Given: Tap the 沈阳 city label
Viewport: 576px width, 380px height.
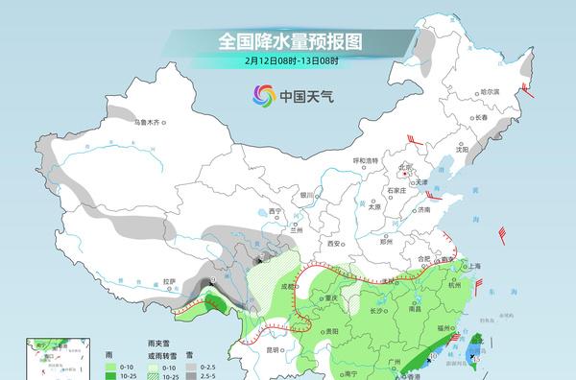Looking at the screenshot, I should [x=463, y=149].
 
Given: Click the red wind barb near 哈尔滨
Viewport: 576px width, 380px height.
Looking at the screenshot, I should [x=526, y=92].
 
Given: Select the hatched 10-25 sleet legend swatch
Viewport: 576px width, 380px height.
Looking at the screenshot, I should [x=156, y=376].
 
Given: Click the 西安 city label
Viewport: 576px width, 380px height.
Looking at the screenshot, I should [x=335, y=244].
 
